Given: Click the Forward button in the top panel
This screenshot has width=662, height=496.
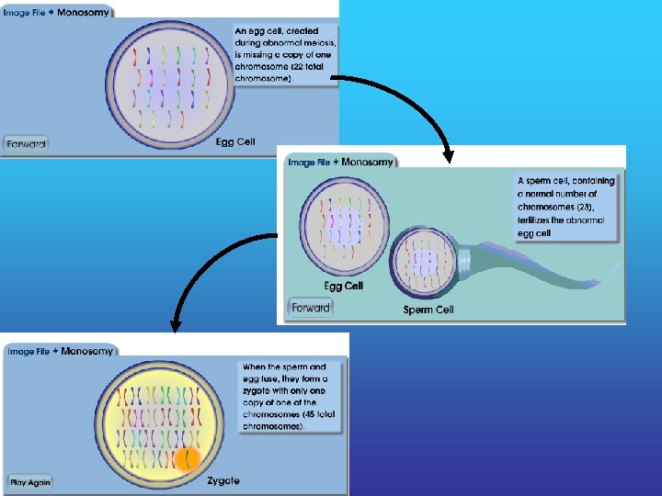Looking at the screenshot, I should pos(25,142).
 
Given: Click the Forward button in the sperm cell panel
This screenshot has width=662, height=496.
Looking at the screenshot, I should pos(310,308).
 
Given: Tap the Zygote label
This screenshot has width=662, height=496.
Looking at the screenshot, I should pos(223,480).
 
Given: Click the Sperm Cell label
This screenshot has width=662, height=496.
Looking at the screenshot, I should pos(428,310).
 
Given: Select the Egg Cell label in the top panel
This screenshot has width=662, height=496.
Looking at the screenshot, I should pos(235,141).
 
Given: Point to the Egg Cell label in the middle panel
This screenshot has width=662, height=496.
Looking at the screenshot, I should pos(343,286).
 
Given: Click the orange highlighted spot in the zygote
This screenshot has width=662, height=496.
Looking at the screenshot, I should pos(187,457).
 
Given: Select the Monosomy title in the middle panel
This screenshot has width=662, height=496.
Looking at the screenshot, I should pos(367,163).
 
